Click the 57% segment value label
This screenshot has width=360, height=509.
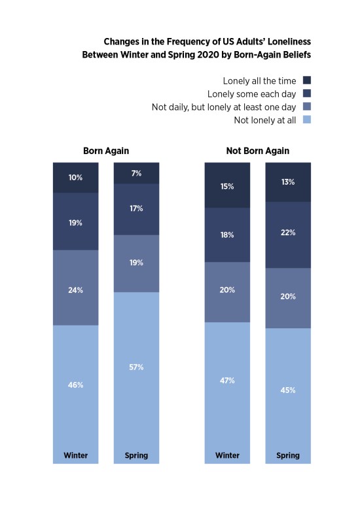point(136,367)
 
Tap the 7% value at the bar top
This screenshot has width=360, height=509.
point(136,174)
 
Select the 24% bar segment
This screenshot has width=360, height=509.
point(75,288)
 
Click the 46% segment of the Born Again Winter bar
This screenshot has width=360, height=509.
point(75,394)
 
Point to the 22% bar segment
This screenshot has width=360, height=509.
point(288,235)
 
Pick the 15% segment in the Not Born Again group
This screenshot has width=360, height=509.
point(227,185)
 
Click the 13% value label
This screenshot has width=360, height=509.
point(288,182)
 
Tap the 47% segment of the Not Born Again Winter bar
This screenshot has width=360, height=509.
point(227,393)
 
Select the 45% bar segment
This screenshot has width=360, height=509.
point(288,396)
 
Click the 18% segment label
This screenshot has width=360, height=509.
point(227,235)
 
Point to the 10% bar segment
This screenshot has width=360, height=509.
point(75,178)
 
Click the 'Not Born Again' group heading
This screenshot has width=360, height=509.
point(257,151)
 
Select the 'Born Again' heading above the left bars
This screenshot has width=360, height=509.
point(106,151)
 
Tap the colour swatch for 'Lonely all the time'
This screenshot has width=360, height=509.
point(307,80)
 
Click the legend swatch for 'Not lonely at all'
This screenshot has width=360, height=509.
point(307,119)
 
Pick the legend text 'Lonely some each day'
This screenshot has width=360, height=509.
point(252,94)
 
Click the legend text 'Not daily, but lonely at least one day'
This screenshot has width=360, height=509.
point(224,107)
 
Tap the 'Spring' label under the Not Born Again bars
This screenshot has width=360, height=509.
point(288,455)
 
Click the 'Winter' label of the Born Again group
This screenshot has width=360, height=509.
point(75,455)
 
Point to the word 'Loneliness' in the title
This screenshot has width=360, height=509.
point(289,41)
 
